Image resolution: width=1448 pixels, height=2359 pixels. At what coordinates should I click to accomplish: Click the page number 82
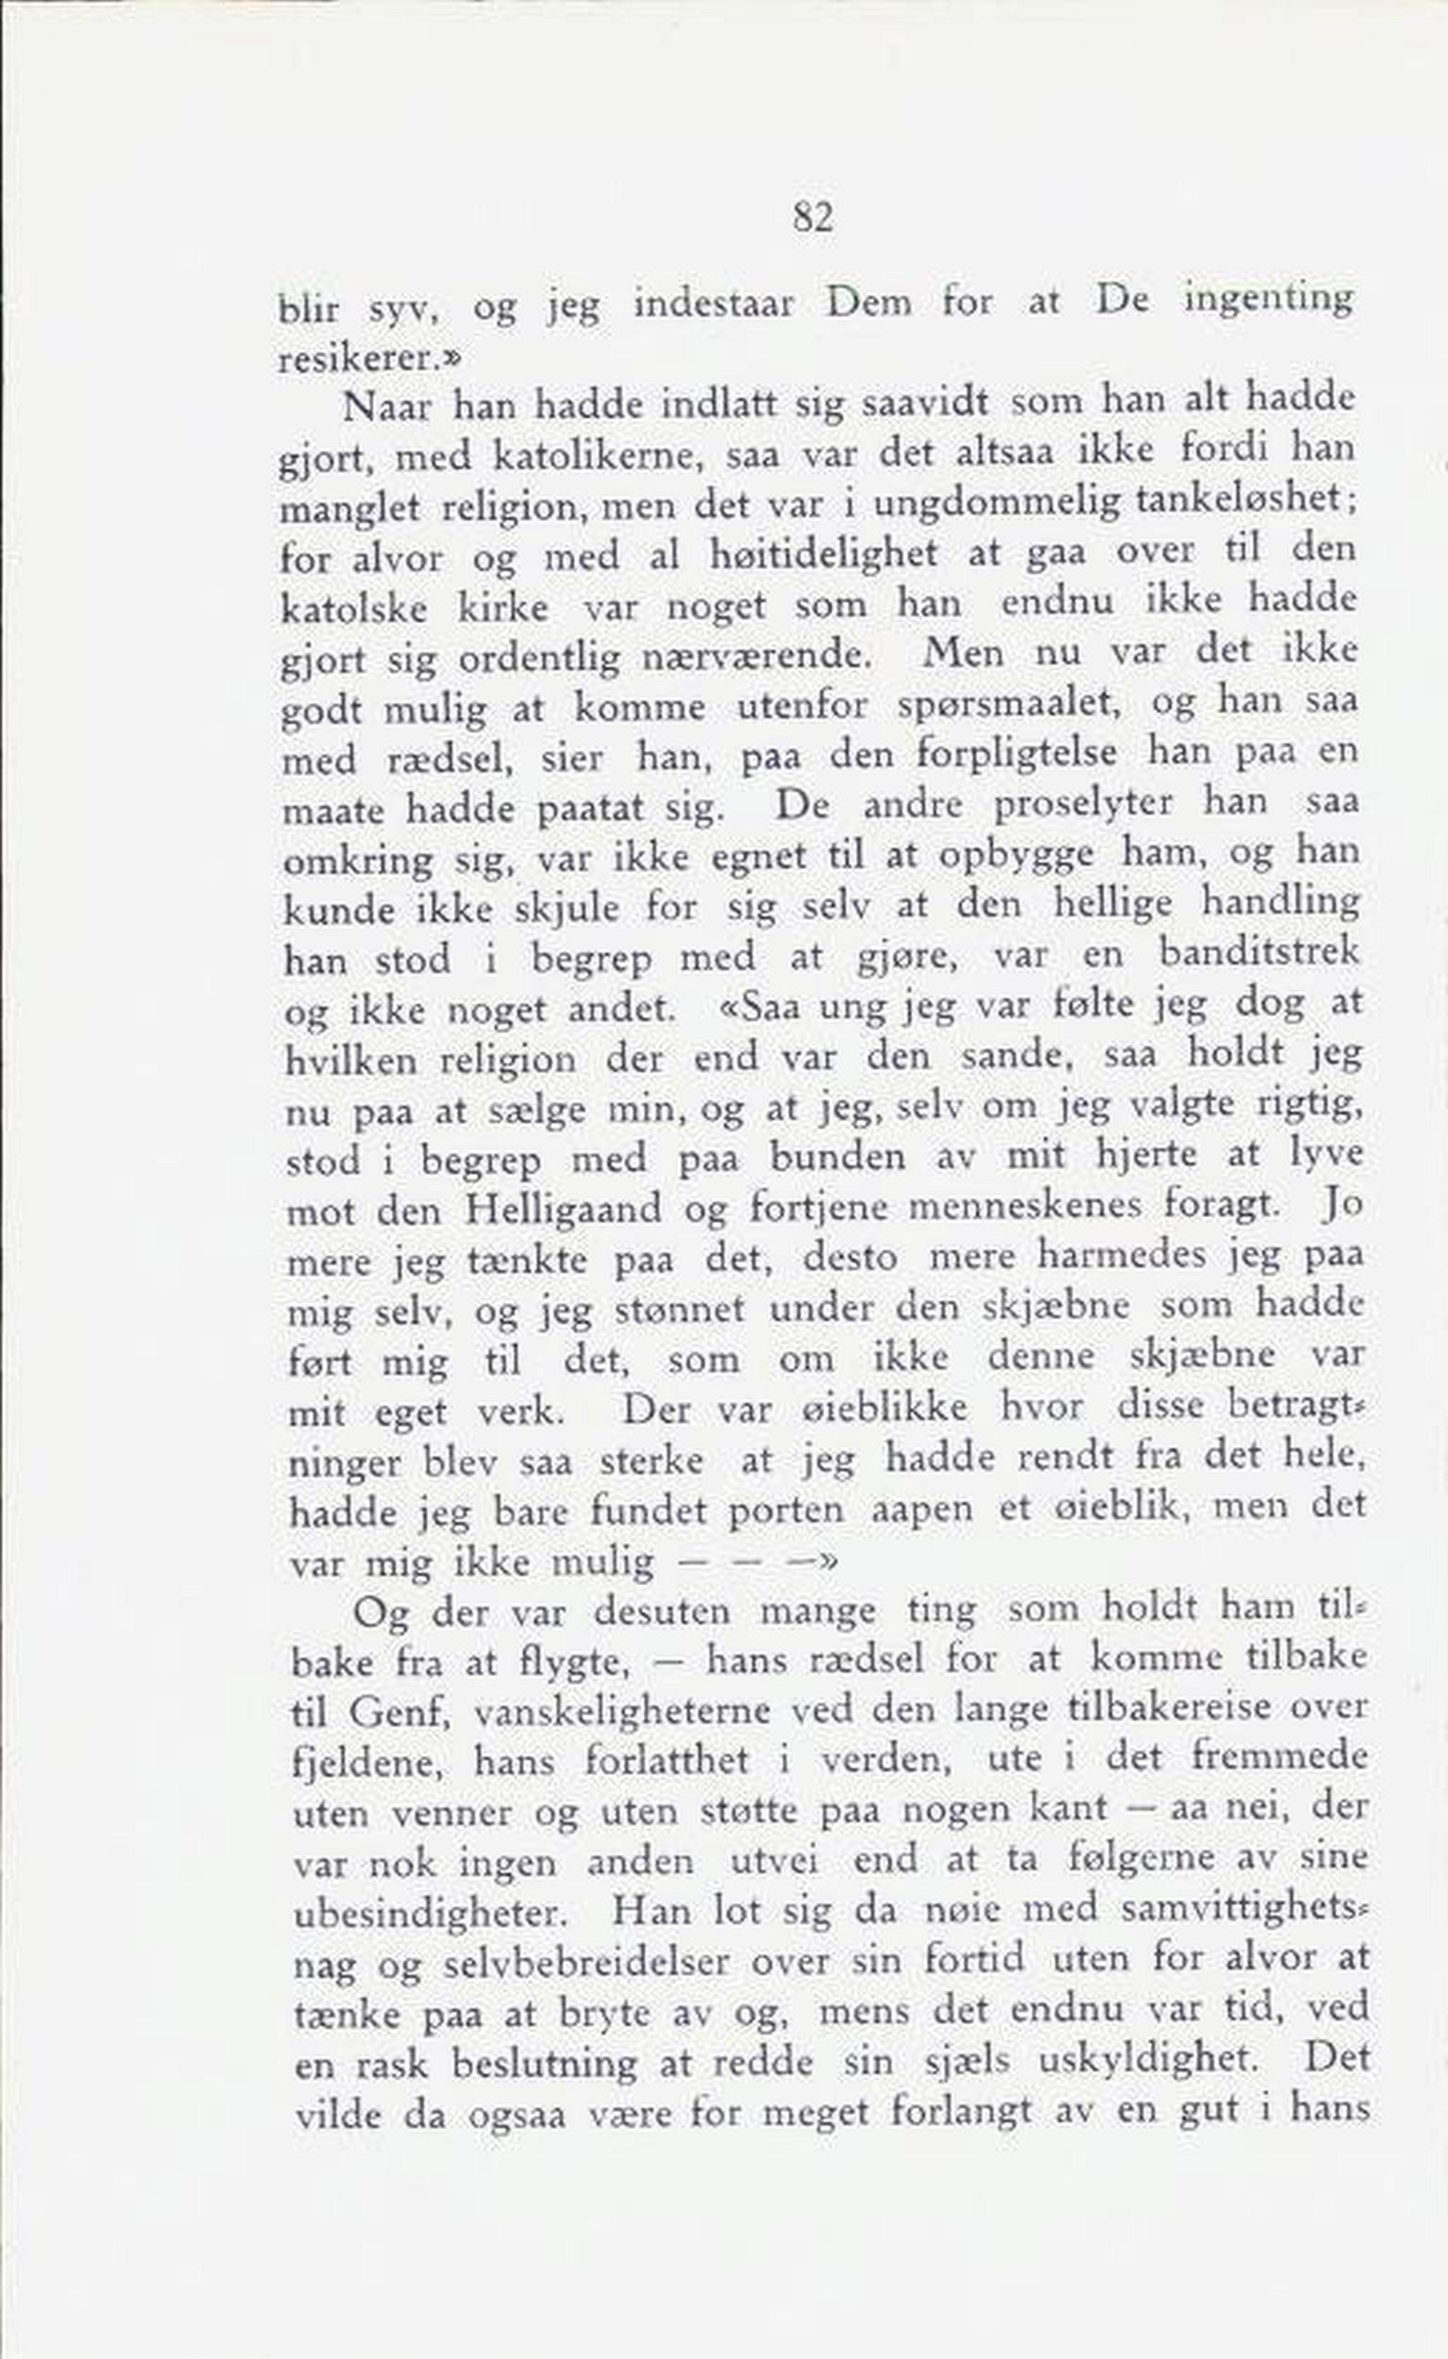pos(812,220)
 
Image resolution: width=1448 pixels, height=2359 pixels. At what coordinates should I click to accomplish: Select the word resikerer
pos(365,360)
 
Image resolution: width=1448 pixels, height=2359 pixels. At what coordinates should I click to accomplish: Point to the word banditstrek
pos(1259,954)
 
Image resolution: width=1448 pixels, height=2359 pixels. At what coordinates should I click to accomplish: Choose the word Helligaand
pos(562,1210)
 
